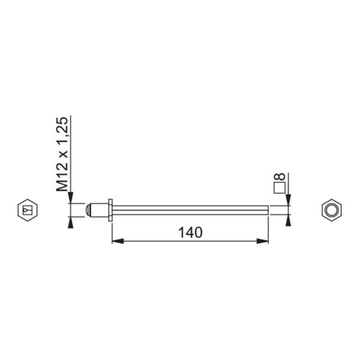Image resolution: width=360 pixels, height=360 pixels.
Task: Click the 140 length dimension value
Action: (x=190, y=233)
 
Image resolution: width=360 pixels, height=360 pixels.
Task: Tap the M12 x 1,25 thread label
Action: (x=62, y=154)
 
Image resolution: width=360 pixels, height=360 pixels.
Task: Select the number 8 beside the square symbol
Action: (x=279, y=176)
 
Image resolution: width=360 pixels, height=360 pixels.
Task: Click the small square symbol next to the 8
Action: (x=279, y=188)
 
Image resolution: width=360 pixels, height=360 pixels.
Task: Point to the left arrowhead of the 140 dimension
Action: (x=118, y=241)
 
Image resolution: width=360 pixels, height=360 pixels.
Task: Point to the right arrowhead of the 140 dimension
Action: (x=263, y=241)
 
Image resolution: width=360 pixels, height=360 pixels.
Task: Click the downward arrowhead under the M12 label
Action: (x=71, y=198)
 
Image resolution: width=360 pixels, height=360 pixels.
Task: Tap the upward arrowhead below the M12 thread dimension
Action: (x=71, y=223)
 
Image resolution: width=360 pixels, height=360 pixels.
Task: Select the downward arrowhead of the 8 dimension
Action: (x=289, y=200)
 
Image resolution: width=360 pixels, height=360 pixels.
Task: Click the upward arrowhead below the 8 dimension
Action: (x=289, y=220)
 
